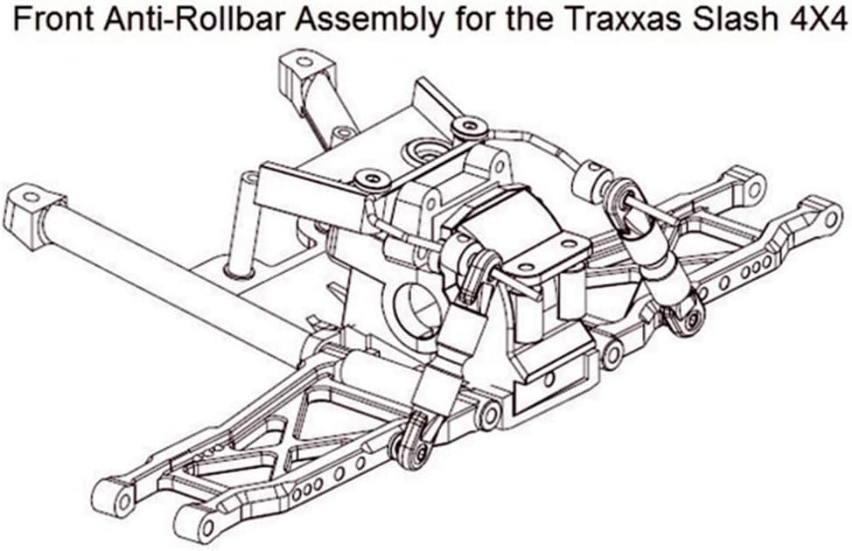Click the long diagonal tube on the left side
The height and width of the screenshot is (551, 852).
coord(166,271)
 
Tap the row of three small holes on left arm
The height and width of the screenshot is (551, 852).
coord(308,484)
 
